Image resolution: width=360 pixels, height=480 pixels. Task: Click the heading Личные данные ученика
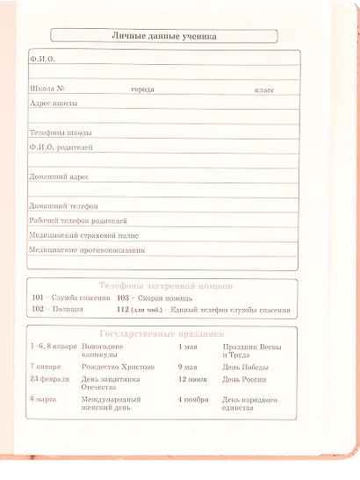pos(164,36)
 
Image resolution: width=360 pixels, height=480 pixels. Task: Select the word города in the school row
pos(142,90)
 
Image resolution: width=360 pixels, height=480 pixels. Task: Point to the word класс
pos(264,90)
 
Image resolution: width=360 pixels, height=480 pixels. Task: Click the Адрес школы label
pos(51,104)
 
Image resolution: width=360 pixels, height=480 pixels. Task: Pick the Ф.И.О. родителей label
pos(61,147)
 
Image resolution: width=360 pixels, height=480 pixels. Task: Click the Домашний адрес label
pos(59,176)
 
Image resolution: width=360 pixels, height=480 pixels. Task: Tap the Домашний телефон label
pos(63,205)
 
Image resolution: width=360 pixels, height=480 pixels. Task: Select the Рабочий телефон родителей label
pos(77,220)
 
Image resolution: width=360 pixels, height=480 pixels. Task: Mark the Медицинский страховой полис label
pos(83,235)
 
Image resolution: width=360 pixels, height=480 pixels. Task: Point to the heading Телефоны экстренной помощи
pos(165,287)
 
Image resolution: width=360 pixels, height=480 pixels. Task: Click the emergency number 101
pos(38,299)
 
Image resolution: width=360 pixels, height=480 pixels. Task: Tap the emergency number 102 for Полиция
pos(38,310)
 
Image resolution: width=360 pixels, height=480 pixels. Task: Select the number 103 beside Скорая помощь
pos(123,299)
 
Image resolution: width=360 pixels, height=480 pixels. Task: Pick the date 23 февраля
pos(50,379)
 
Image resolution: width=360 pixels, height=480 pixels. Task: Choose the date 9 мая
pos(187,366)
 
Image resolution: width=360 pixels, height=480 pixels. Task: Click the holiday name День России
pos(243,379)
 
